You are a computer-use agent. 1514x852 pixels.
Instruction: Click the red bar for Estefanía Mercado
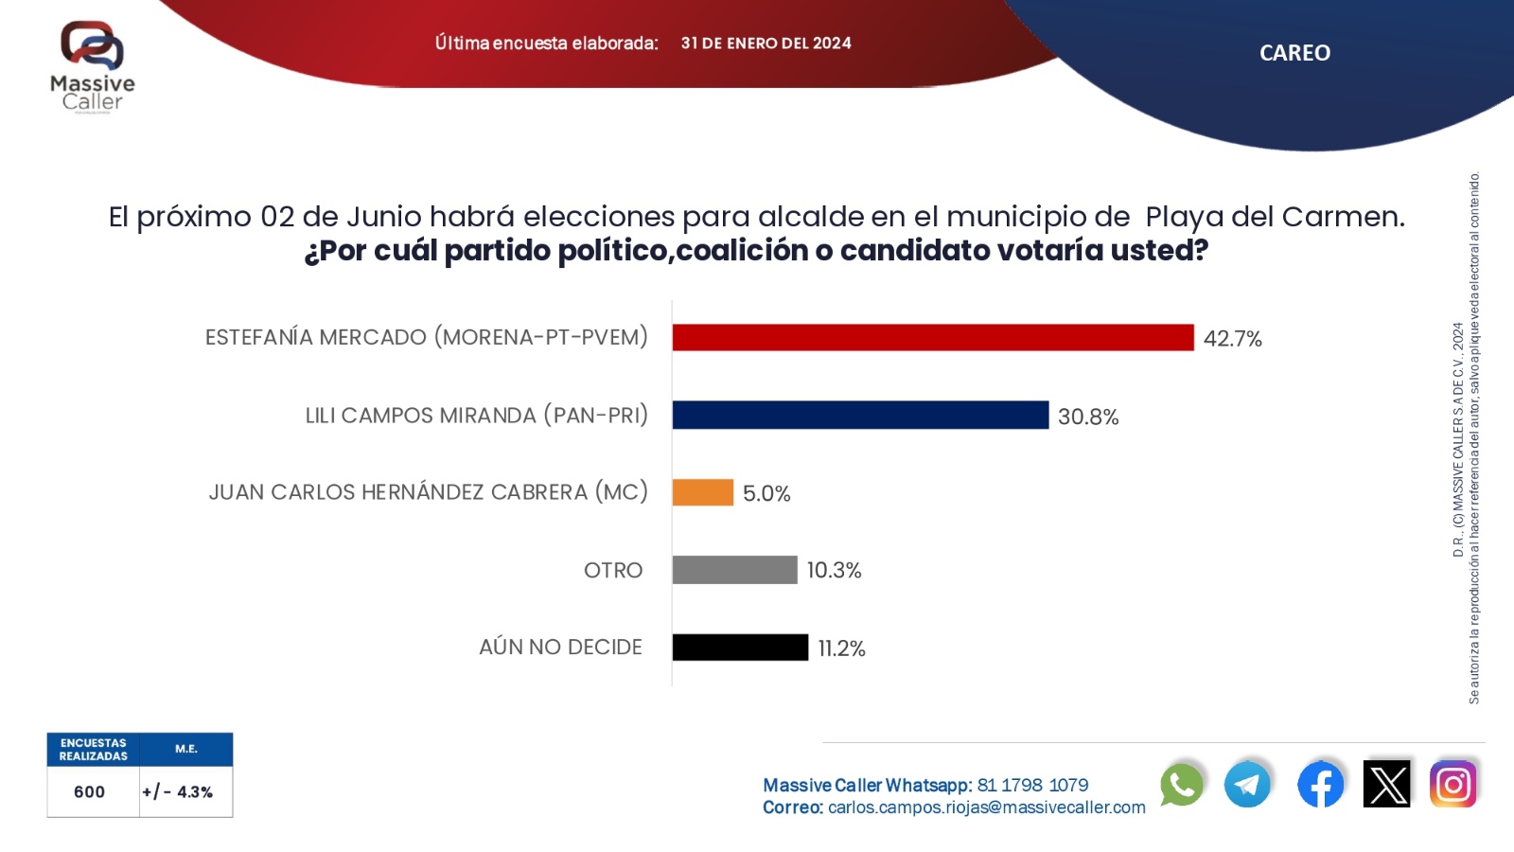(933, 338)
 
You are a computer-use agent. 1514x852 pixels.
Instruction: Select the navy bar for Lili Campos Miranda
(860, 416)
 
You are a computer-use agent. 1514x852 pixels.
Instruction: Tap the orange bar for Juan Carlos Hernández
(702, 492)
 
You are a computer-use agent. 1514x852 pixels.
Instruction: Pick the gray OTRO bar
(734, 570)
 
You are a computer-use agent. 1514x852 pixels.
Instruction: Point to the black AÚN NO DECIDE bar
(740, 648)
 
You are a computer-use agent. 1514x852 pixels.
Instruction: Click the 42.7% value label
(1232, 339)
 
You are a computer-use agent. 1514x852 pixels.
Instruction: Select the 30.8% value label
(1088, 417)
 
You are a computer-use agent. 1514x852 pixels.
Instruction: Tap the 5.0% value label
(766, 493)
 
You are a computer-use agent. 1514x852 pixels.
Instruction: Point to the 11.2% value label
(841, 648)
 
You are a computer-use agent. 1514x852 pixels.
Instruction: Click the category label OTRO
(613, 570)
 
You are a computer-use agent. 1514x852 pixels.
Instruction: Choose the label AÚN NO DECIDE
(560, 648)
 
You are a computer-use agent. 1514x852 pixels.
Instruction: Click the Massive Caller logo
(93, 66)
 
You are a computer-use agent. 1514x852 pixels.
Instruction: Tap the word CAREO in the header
(1294, 53)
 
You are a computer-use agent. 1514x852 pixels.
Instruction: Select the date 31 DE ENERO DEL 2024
(766, 44)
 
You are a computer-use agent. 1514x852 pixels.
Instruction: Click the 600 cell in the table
(90, 791)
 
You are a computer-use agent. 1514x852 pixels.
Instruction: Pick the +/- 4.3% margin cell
(178, 791)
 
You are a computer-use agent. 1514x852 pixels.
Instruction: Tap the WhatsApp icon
(1182, 785)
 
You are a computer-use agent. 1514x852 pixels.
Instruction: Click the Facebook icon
(1320, 785)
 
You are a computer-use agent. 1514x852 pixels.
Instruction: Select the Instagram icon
(1453, 785)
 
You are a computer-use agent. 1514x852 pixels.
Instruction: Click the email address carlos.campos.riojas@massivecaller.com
(986, 808)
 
